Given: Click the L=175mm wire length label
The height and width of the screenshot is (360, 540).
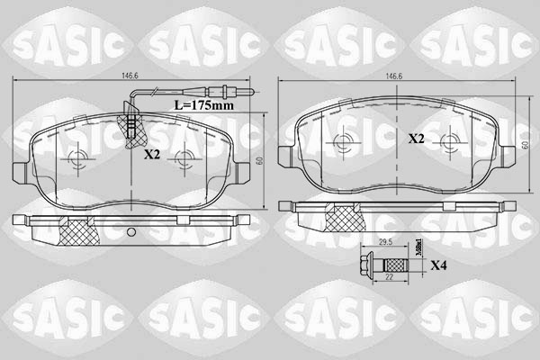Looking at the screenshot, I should click(x=202, y=104).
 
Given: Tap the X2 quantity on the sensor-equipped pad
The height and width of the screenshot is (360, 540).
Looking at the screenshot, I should click(x=151, y=154).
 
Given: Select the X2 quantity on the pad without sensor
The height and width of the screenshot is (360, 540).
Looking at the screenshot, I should click(x=416, y=139).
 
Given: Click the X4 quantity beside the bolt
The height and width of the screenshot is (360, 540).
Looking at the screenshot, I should click(x=439, y=265).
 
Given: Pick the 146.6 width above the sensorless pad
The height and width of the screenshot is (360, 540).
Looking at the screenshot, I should click(x=392, y=76).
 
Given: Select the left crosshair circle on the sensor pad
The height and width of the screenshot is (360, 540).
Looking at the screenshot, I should click(x=76, y=158).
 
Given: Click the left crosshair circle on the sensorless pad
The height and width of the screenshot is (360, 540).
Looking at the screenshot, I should click(x=340, y=142).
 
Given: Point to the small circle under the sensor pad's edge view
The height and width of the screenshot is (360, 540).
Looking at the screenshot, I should click(x=131, y=236).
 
